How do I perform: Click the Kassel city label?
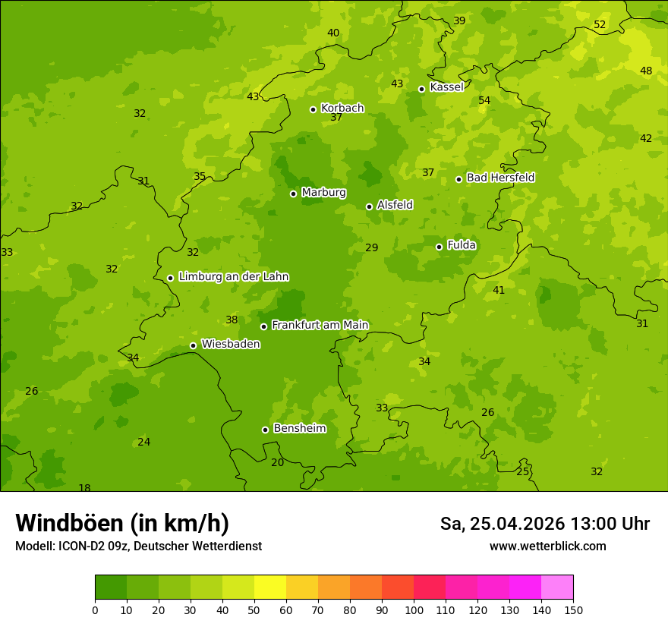coord(446,87)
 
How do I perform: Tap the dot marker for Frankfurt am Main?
coord(263,326)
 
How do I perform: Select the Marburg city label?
coord(323,193)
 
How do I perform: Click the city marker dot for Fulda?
coord(439,247)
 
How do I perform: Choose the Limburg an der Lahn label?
coord(233,277)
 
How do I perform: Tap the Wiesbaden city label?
coord(231,344)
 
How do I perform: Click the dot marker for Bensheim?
coord(265,430)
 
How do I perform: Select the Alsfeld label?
coord(395,205)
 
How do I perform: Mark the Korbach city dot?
coord(313,109)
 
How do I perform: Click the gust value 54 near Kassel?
coord(484,100)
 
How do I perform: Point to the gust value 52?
coord(600,25)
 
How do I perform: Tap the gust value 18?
coord(84,488)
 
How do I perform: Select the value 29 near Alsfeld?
coord(371,247)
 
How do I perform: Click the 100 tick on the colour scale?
coord(414,610)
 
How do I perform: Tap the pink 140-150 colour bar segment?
coord(557,587)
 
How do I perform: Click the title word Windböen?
coord(69,523)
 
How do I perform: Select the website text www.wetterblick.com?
coord(547,547)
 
